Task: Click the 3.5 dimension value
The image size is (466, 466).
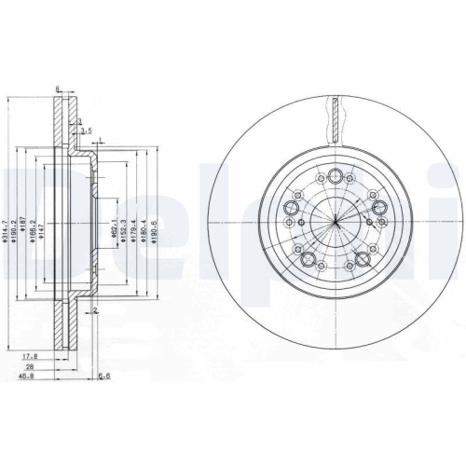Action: point(86,131)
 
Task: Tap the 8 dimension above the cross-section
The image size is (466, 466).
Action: point(58,89)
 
